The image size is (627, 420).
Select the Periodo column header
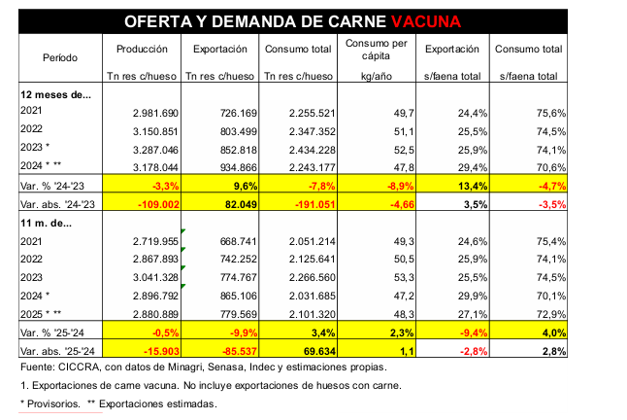tap(60, 57)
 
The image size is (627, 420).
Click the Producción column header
tap(143, 49)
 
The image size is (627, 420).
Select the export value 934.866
tap(235, 166)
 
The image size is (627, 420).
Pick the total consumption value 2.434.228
tap(313, 149)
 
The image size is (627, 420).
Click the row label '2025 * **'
tap(45, 312)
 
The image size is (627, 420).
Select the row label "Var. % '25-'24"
tap(54, 332)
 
